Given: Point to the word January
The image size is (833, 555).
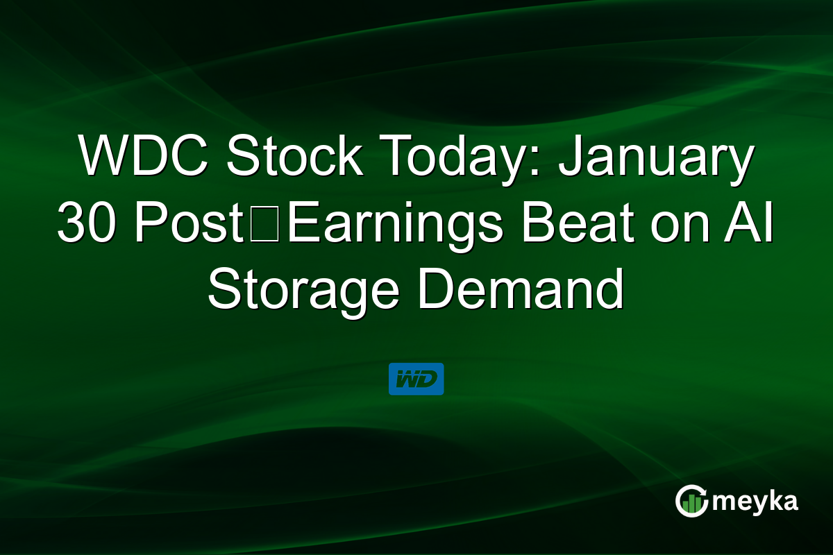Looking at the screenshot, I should click(x=657, y=158).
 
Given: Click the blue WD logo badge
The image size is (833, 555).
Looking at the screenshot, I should click(x=416, y=379).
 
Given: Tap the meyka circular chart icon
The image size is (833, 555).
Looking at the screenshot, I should click(x=691, y=501).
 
